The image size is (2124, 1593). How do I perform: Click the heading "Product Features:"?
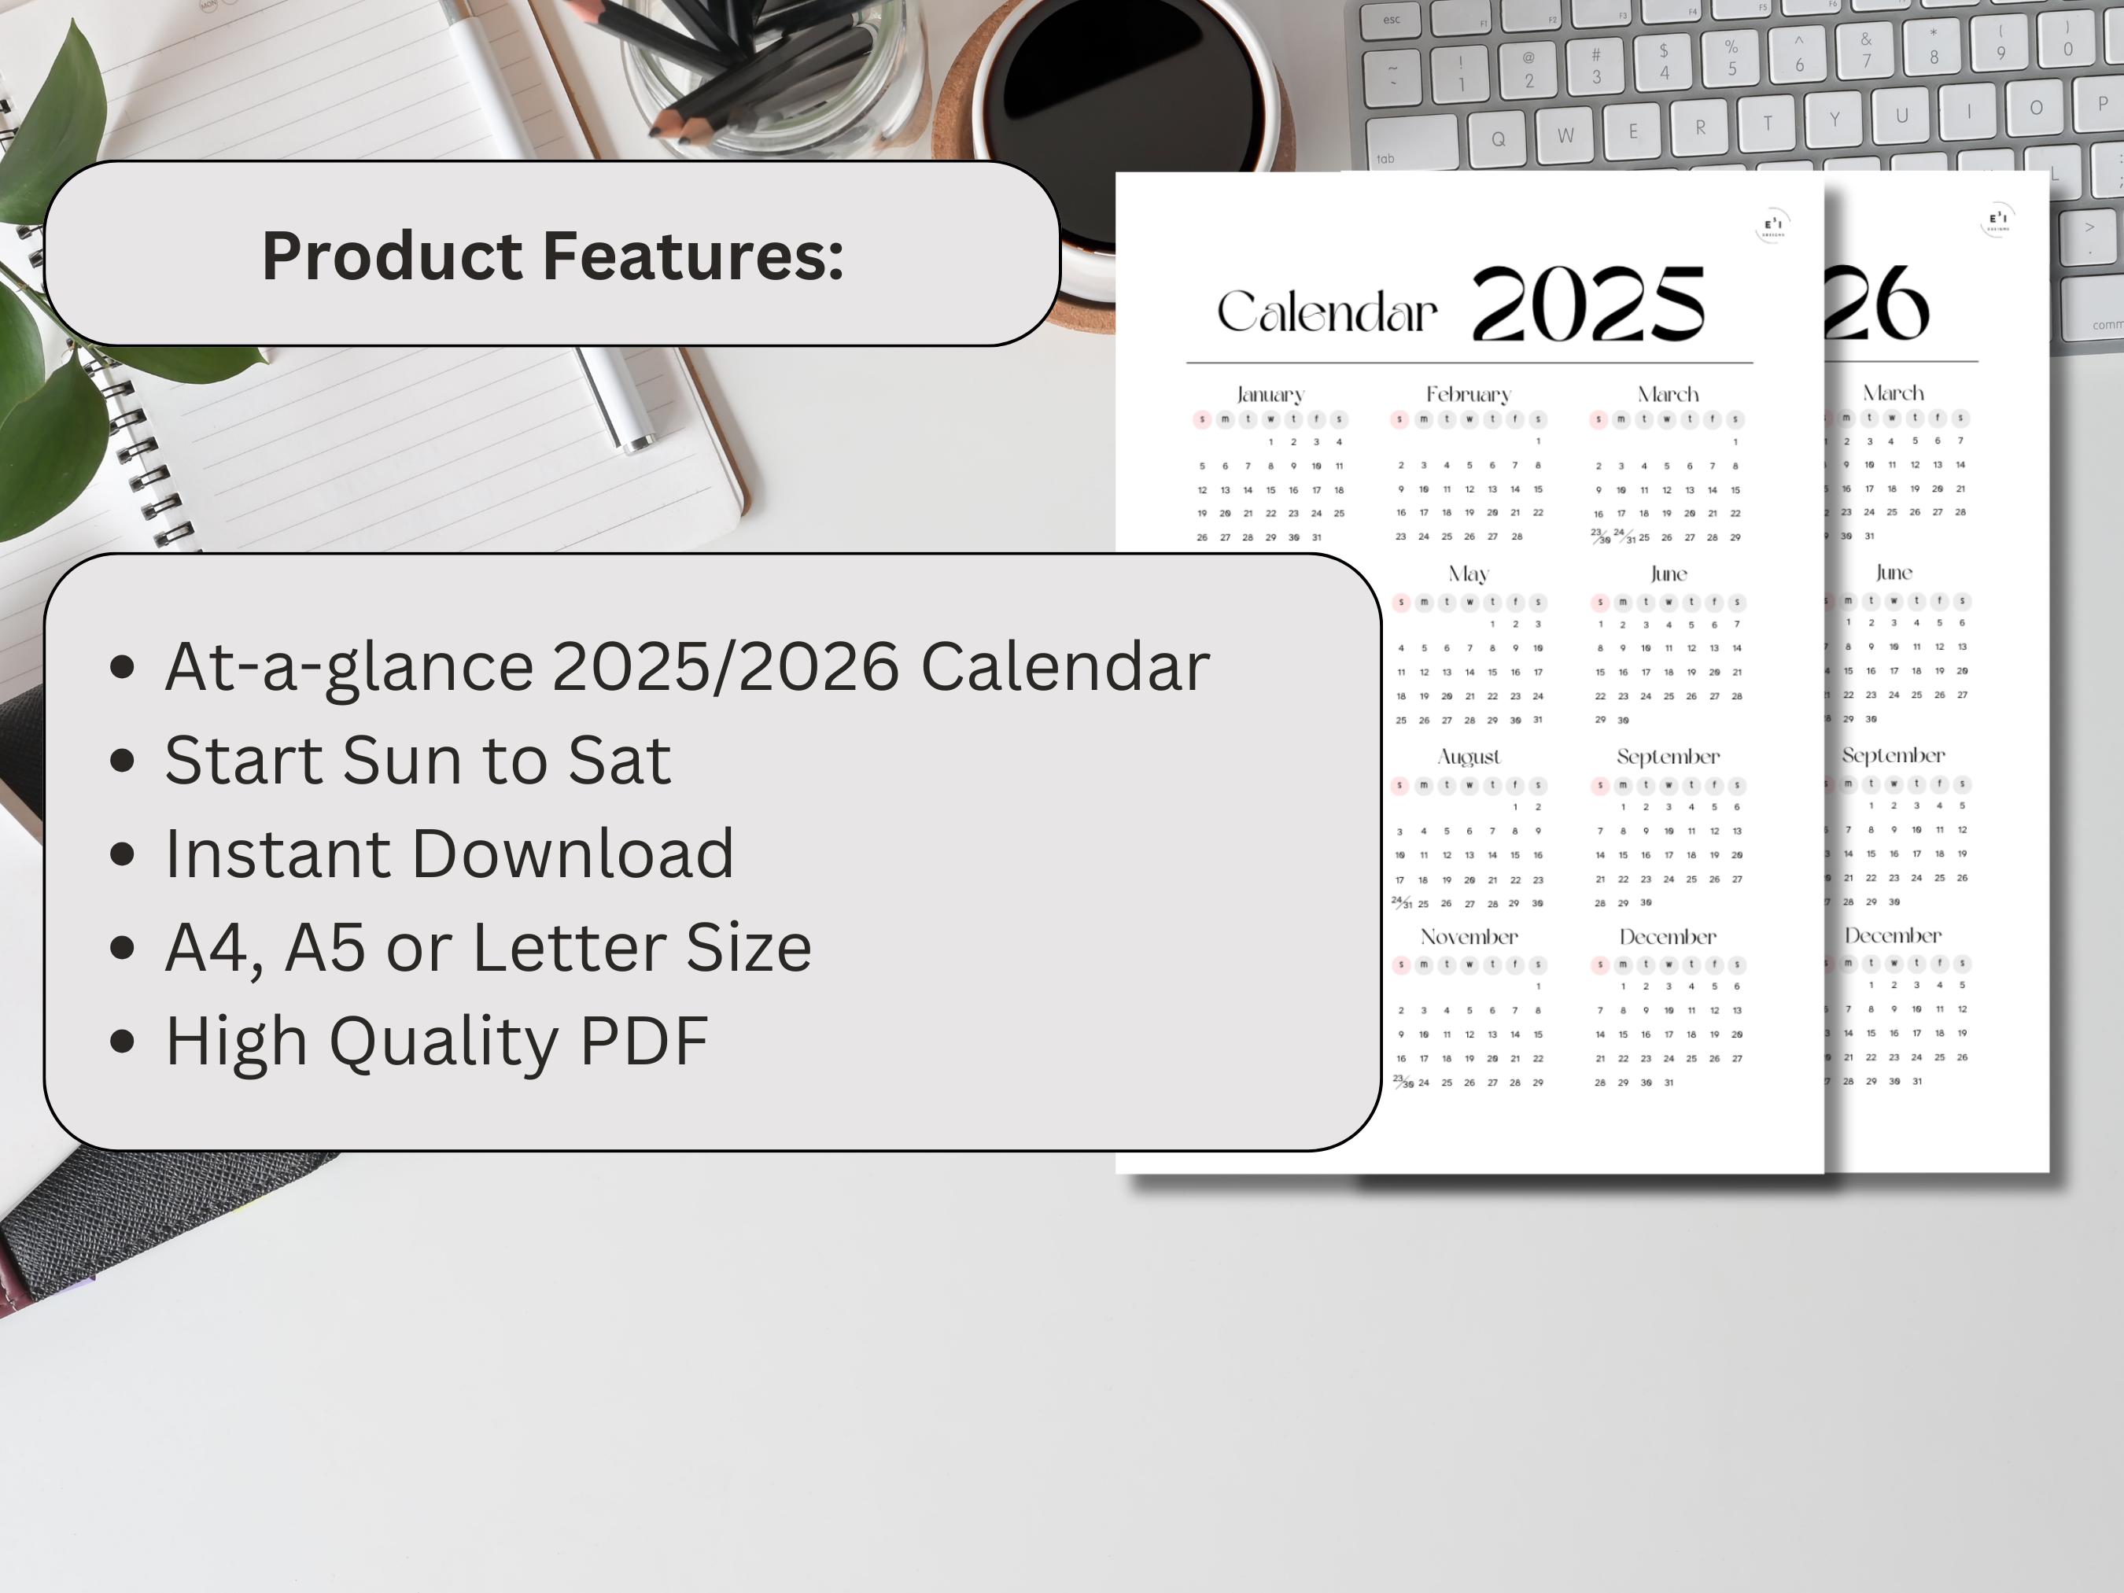(x=552, y=256)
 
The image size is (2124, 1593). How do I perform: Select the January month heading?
(x=1270, y=395)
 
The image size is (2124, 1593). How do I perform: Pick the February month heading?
(x=1468, y=395)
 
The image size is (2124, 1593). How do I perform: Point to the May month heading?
(x=1468, y=574)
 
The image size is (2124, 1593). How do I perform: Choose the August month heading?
(x=1468, y=757)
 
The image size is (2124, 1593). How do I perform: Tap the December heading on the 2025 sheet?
(x=1667, y=937)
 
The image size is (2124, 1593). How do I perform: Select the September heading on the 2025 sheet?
(x=1667, y=757)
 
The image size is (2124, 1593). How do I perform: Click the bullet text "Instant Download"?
(x=449, y=853)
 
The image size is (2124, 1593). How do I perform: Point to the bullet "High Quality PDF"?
(x=437, y=1040)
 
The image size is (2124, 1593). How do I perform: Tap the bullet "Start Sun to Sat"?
(x=418, y=760)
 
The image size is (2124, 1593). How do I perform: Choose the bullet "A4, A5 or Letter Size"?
(x=488, y=947)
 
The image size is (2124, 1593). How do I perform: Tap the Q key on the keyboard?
(x=1498, y=138)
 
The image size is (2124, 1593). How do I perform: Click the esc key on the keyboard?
(x=1392, y=19)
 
